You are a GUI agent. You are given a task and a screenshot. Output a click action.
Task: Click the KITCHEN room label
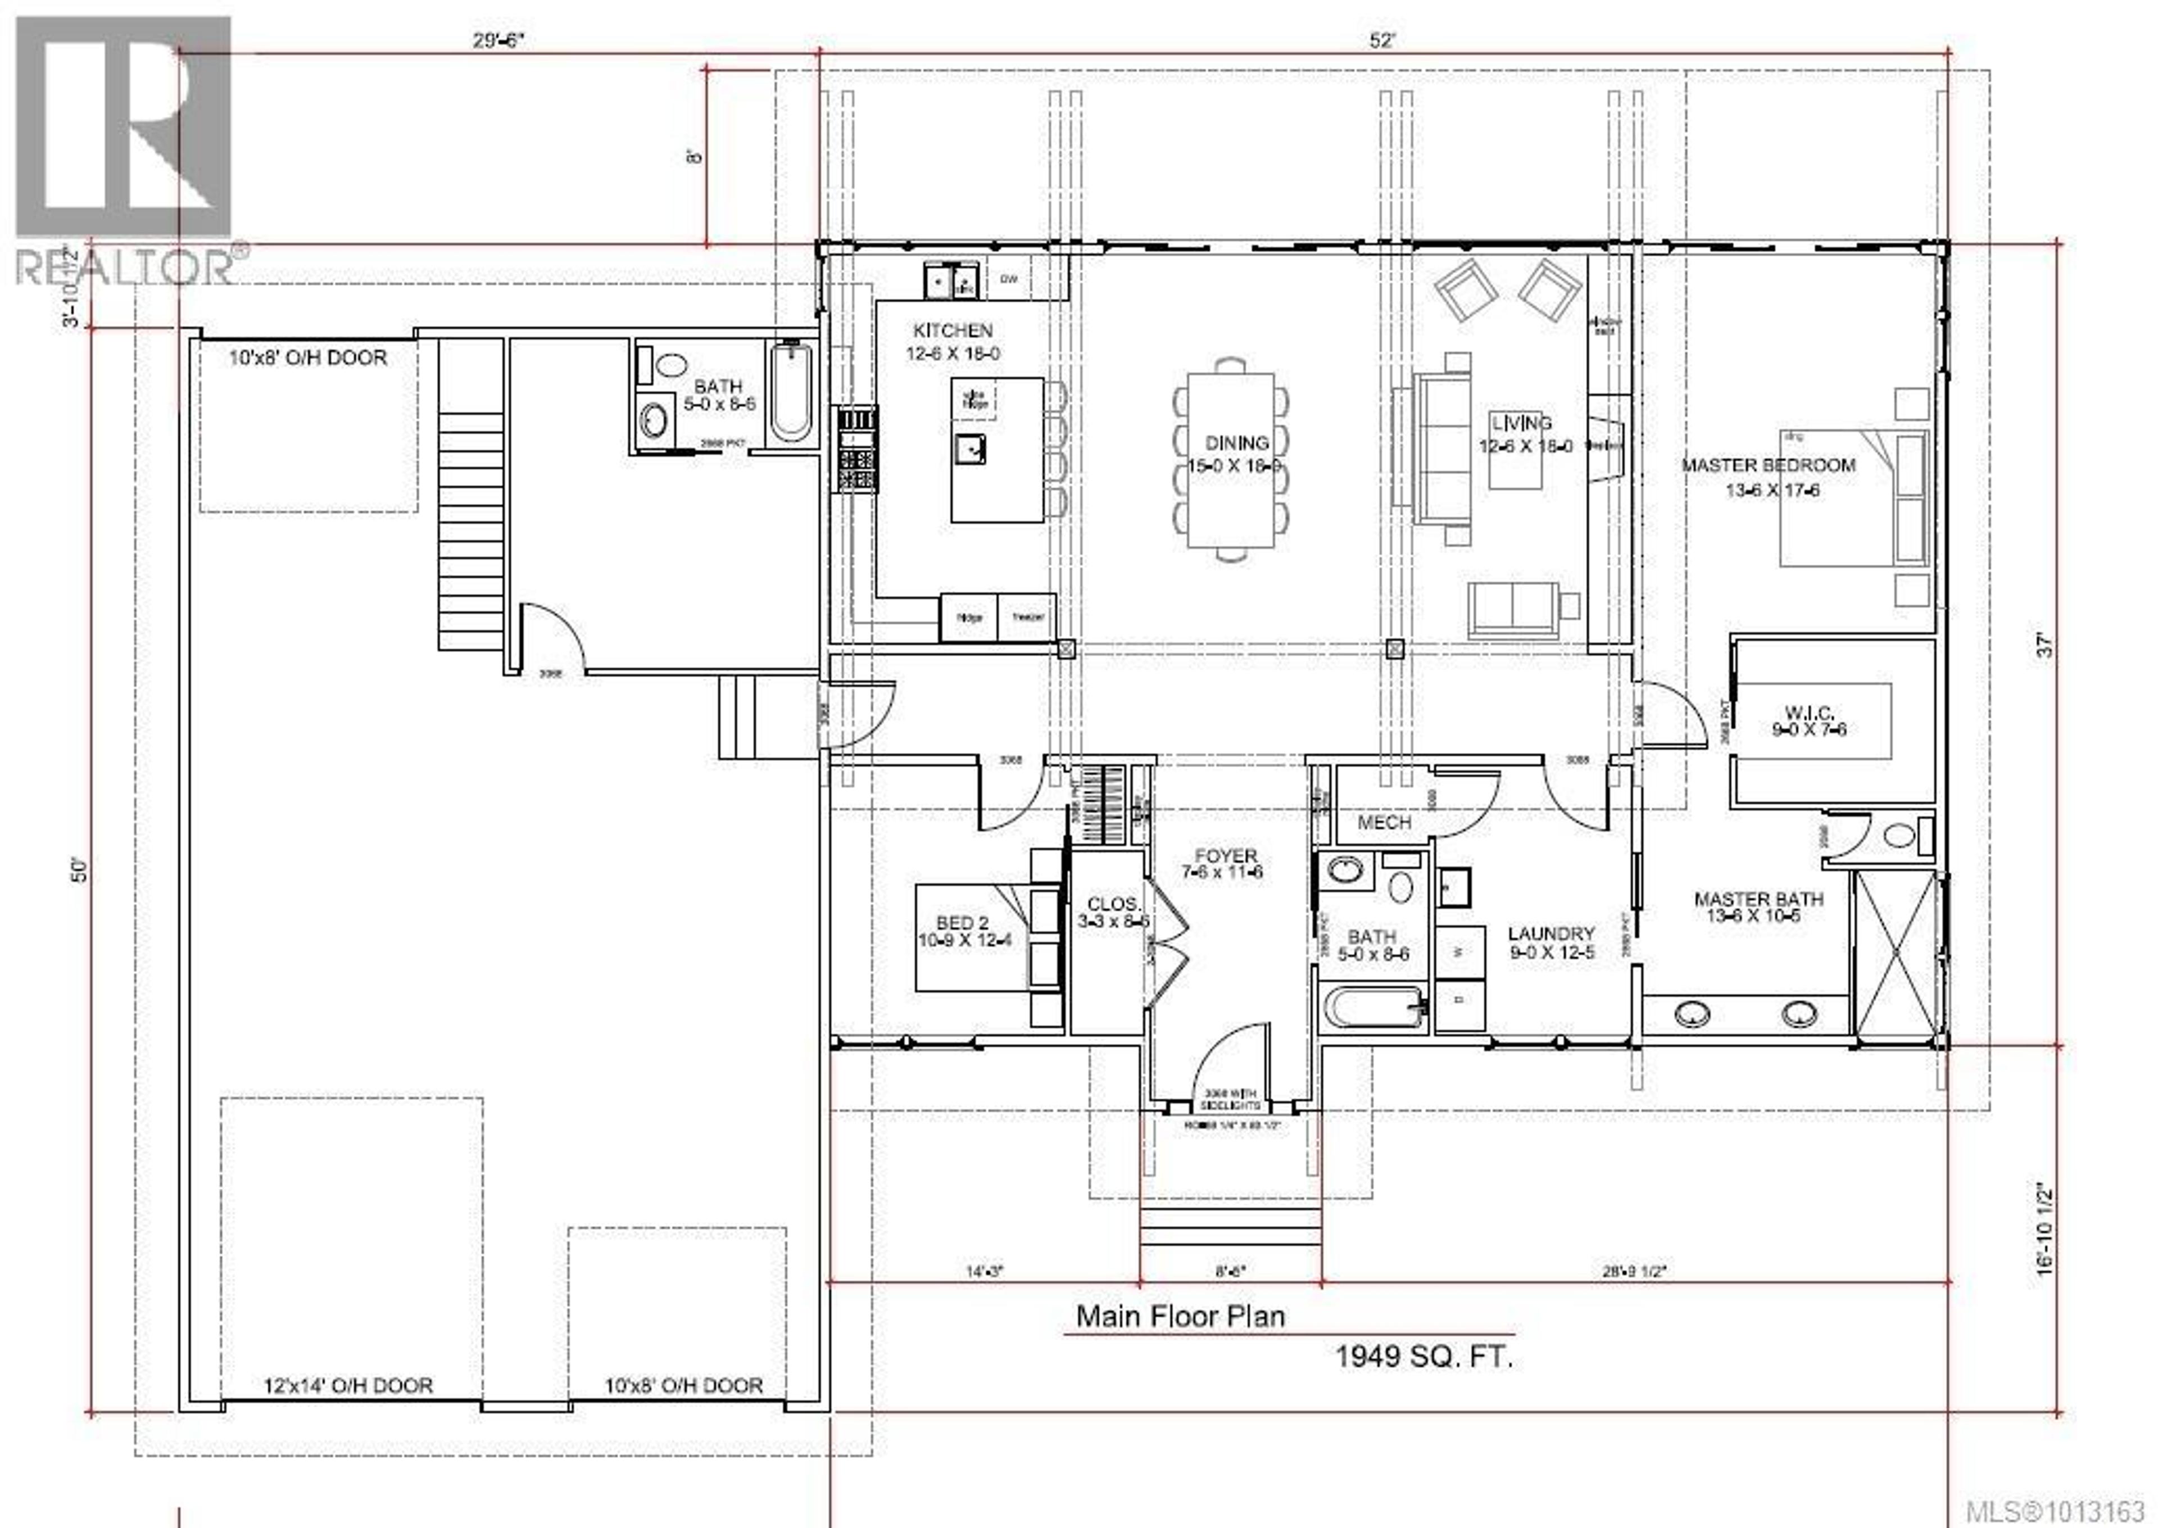952,330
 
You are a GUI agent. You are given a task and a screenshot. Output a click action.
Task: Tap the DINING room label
1236,442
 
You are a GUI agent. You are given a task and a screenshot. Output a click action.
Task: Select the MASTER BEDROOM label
1767,465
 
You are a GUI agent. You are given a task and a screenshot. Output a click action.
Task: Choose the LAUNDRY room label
1551,933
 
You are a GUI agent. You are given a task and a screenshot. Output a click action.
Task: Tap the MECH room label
1384,822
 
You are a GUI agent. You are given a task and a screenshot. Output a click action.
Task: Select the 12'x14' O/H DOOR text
348,1386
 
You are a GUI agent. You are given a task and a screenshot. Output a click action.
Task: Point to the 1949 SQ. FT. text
1424,1356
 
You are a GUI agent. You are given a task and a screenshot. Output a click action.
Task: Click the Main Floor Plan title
1180,1316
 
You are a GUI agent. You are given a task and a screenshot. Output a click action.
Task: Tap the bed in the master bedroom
1851,498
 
